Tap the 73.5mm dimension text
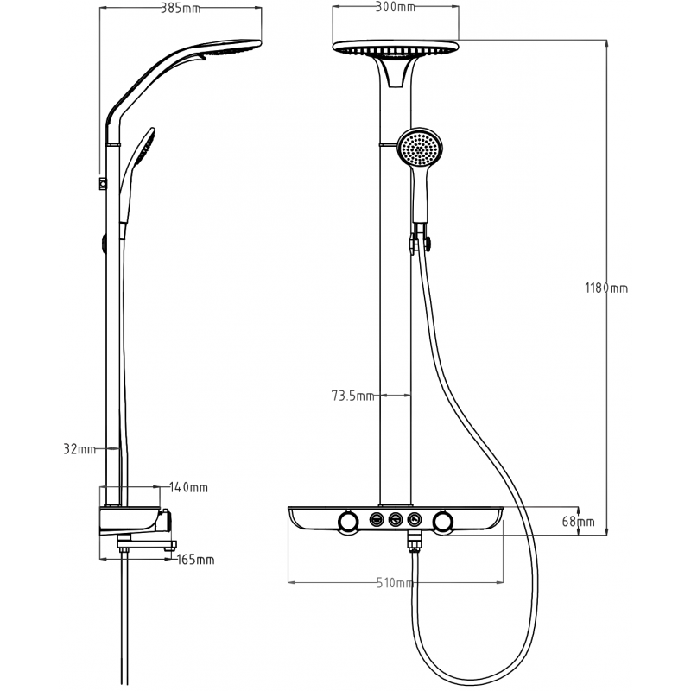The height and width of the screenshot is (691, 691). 353,396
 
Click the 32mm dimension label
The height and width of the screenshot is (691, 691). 79,449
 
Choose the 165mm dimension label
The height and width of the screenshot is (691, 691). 195,560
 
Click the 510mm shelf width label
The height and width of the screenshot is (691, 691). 394,583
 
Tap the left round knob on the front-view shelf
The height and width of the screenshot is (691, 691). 348,521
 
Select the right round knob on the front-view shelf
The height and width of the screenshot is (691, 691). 443,521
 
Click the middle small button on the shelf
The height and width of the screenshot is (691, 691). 396,519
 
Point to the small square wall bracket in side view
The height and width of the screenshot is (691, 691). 103,182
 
